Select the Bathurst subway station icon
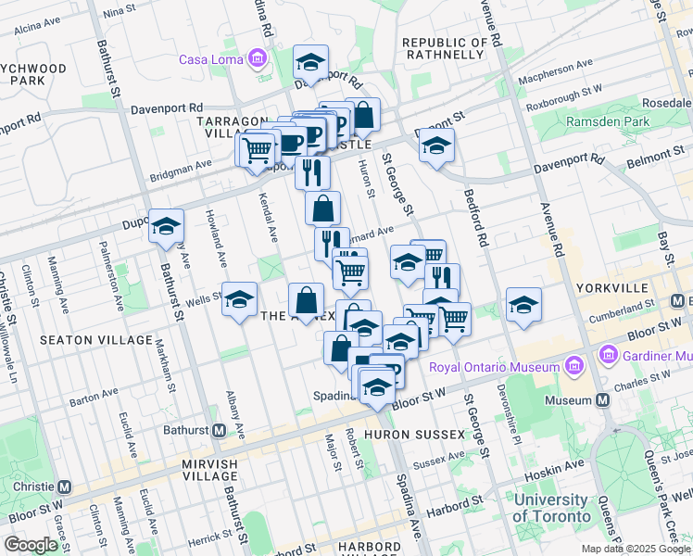[x=220, y=430]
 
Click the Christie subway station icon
[x=65, y=486]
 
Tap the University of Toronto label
[x=552, y=508]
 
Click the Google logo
[x=31, y=544]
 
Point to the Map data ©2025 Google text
[x=636, y=549]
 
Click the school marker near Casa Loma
[x=310, y=62]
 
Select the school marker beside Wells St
[x=239, y=298]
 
